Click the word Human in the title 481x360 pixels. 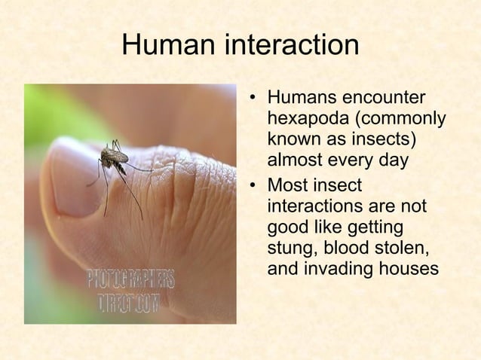tap(169, 46)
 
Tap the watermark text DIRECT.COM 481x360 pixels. tap(129, 304)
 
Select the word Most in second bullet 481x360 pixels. tap(290, 184)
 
